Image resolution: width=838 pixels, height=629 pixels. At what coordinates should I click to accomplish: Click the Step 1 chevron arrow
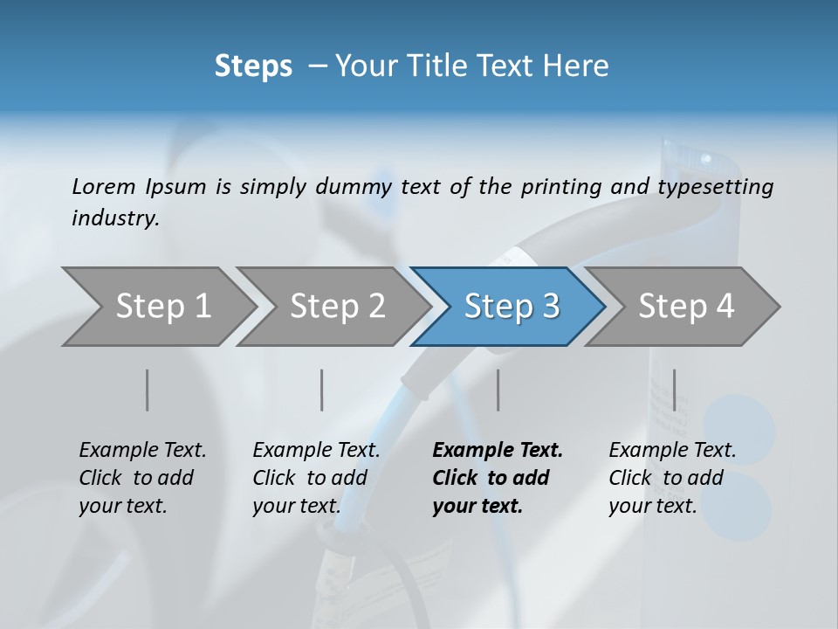(x=162, y=307)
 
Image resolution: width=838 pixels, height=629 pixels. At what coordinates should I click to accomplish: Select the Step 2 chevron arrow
(x=337, y=307)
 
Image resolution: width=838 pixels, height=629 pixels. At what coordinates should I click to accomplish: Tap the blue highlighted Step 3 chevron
(x=512, y=307)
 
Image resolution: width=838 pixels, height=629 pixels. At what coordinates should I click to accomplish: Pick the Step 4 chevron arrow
(x=686, y=307)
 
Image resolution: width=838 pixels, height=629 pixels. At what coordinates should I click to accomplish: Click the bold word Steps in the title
(x=253, y=66)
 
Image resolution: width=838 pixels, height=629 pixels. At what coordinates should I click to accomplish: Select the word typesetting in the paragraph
(x=718, y=186)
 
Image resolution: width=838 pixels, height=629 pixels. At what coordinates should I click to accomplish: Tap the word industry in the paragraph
(x=114, y=218)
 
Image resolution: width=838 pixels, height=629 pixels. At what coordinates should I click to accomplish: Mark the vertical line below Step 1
(x=147, y=390)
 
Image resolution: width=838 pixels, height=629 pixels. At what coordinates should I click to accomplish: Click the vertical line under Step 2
(x=322, y=390)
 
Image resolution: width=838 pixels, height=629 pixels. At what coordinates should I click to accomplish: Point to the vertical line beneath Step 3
(x=498, y=390)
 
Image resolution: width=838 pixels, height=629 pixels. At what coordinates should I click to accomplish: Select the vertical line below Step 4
(x=674, y=390)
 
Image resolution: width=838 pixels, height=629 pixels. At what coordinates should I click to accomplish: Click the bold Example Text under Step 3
(x=498, y=450)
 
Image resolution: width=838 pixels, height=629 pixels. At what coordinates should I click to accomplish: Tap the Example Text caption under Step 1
(x=142, y=450)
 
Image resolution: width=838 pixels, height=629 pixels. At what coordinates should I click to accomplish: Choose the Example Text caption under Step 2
(x=316, y=450)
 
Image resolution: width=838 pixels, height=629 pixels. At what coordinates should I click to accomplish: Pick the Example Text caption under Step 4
(x=672, y=450)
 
